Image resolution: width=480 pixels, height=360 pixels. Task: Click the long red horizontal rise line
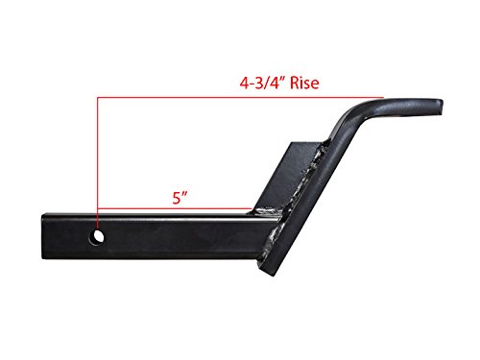(x=240, y=97)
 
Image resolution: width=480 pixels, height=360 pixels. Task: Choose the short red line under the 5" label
(x=178, y=208)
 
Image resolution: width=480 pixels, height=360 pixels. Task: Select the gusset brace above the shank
(x=288, y=178)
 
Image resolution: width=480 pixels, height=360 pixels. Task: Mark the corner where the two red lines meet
(x=97, y=97)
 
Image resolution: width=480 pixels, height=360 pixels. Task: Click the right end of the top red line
(x=382, y=97)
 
